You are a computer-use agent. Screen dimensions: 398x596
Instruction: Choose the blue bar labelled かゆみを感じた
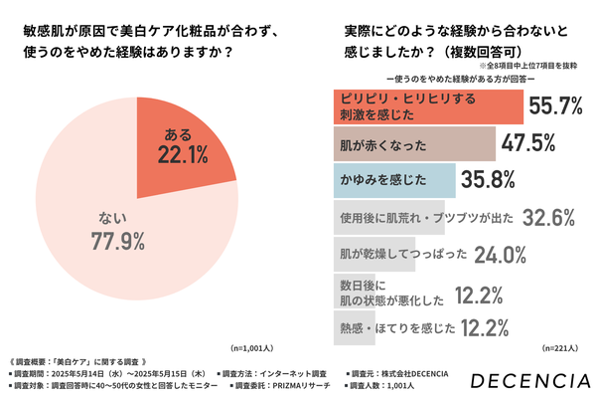[391, 181]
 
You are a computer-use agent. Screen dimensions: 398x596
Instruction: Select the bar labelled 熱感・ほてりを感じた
[393, 326]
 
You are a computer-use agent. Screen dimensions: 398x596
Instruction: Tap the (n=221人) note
[564, 348]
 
